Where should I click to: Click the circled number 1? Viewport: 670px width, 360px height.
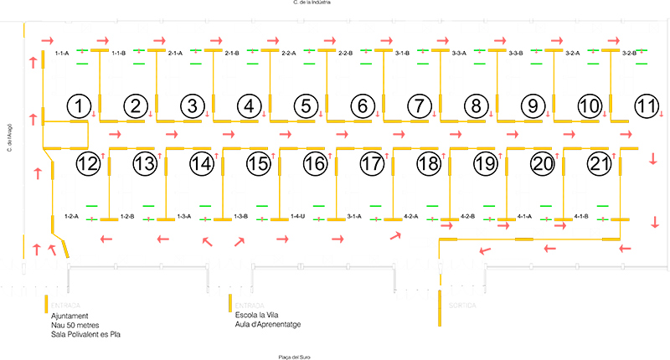(78, 106)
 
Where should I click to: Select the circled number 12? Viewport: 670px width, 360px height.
(88, 164)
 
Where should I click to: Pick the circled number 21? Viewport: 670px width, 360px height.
(600, 164)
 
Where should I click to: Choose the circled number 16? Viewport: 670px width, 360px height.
(316, 164)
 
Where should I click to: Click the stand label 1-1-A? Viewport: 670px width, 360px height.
(62, 53)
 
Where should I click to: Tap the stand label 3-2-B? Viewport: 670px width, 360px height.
(630, 53)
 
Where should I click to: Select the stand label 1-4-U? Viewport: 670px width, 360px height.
(298, 216)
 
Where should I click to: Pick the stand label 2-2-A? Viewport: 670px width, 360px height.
(289, 53)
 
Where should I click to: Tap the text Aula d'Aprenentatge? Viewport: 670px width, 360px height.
(267, 324)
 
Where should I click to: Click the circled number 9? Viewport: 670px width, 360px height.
(533, 106)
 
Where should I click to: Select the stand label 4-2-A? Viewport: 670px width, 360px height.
(411, 216)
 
